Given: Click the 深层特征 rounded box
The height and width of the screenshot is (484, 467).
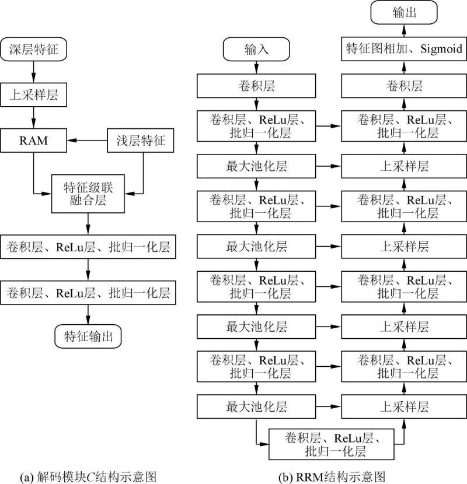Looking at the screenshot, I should click(34, 50).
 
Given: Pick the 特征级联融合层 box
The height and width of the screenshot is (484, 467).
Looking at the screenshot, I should click(88, 194).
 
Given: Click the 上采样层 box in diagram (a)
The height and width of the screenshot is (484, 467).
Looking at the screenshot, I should click(34, 93).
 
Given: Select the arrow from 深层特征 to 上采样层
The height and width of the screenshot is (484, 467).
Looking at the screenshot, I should click(34, 72).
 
